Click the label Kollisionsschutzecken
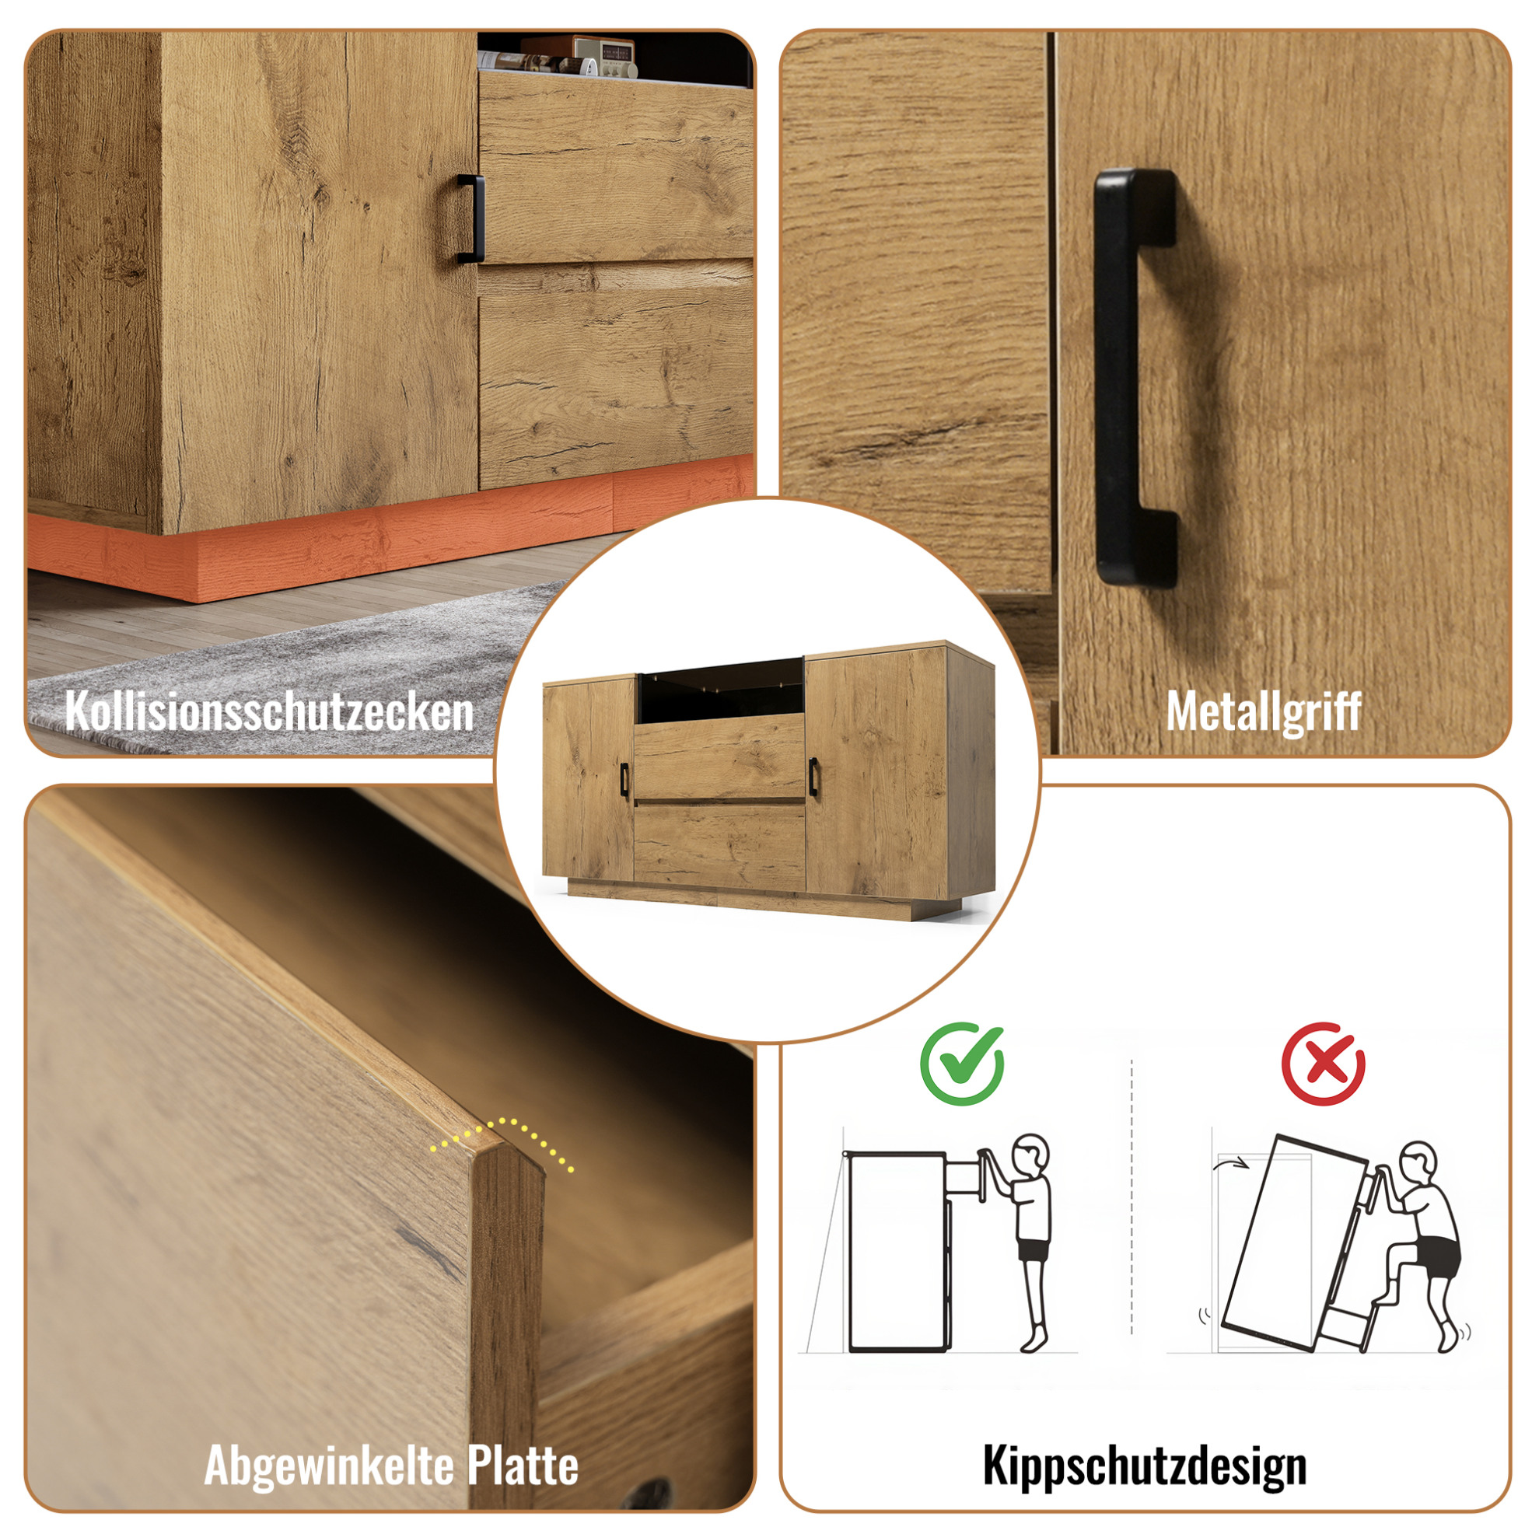[269, 711]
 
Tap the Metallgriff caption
[1264, 711]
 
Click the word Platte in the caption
[522, 1464]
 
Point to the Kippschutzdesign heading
[1145, 1466]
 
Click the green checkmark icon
[961, 1064]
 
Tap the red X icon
[1323, 1064]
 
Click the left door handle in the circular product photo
[624, 779]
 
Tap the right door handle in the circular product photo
[814, 776]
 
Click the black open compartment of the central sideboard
[719, 690]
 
